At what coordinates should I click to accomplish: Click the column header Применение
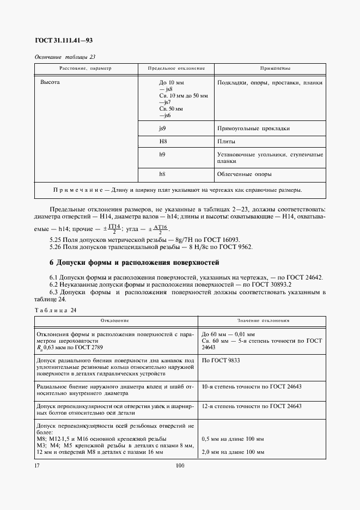pyautogui.click(x=270, y=69)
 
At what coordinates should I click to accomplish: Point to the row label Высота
pyautogui.click(x=50, y=82)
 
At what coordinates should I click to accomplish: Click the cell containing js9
pyautogui.click(x=162, y=129)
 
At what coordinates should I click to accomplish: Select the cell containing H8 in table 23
pyautogui.click(x=162, y=142)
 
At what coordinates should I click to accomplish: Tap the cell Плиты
pyautogui.click(x=226, y=142)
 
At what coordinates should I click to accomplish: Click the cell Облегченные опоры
pyautogui.click(x=244, y=174)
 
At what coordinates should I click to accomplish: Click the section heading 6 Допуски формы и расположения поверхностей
pyautogui.click(x=134, y=263)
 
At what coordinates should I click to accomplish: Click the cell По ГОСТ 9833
pyautogui.click(x=222, y=361)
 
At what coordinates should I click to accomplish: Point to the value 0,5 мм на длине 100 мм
pyautogui.click(x=233, y=439)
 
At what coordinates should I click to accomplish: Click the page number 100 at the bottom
pyautogui.click(x=180, y=466)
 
